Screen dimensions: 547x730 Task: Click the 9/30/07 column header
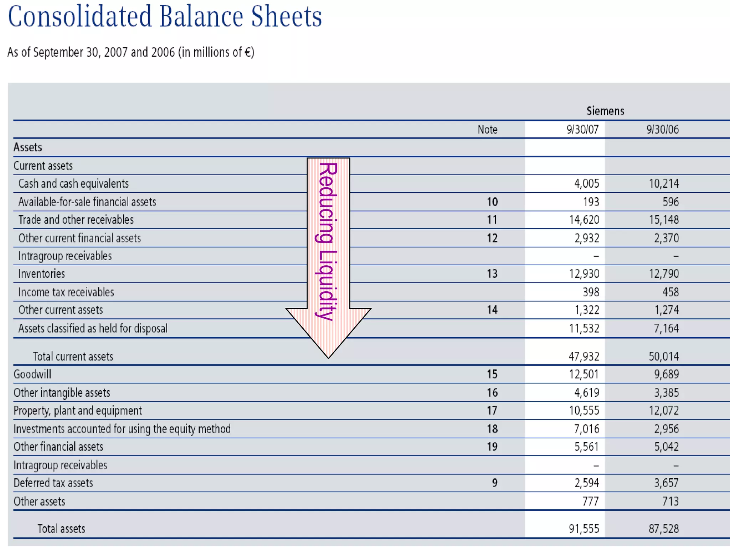point(583,129)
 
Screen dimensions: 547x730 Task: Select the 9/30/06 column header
point(663,129)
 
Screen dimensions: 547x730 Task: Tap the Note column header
point(487,129)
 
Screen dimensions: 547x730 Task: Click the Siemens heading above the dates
point(605,111)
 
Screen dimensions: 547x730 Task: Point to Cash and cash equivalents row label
point(73,184)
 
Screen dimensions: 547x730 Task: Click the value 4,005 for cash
point(586,184)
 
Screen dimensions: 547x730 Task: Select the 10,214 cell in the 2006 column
point(664,184)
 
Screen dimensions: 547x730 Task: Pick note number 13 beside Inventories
point(492,274)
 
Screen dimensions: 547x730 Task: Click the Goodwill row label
point(32,374)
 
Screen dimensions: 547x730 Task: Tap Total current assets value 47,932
point(584,356)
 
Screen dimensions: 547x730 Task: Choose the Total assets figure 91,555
point(584,529)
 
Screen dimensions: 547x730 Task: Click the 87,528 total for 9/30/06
point(664,529)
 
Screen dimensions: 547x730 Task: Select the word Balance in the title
point(201,16)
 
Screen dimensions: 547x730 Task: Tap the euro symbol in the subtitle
point(247,52)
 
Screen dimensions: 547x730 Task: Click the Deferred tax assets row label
point(53,483)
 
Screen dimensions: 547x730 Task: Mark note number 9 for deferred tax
point(495,483)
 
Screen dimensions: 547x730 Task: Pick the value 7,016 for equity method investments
point(586,429)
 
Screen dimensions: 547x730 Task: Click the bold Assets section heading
point(28,147)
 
